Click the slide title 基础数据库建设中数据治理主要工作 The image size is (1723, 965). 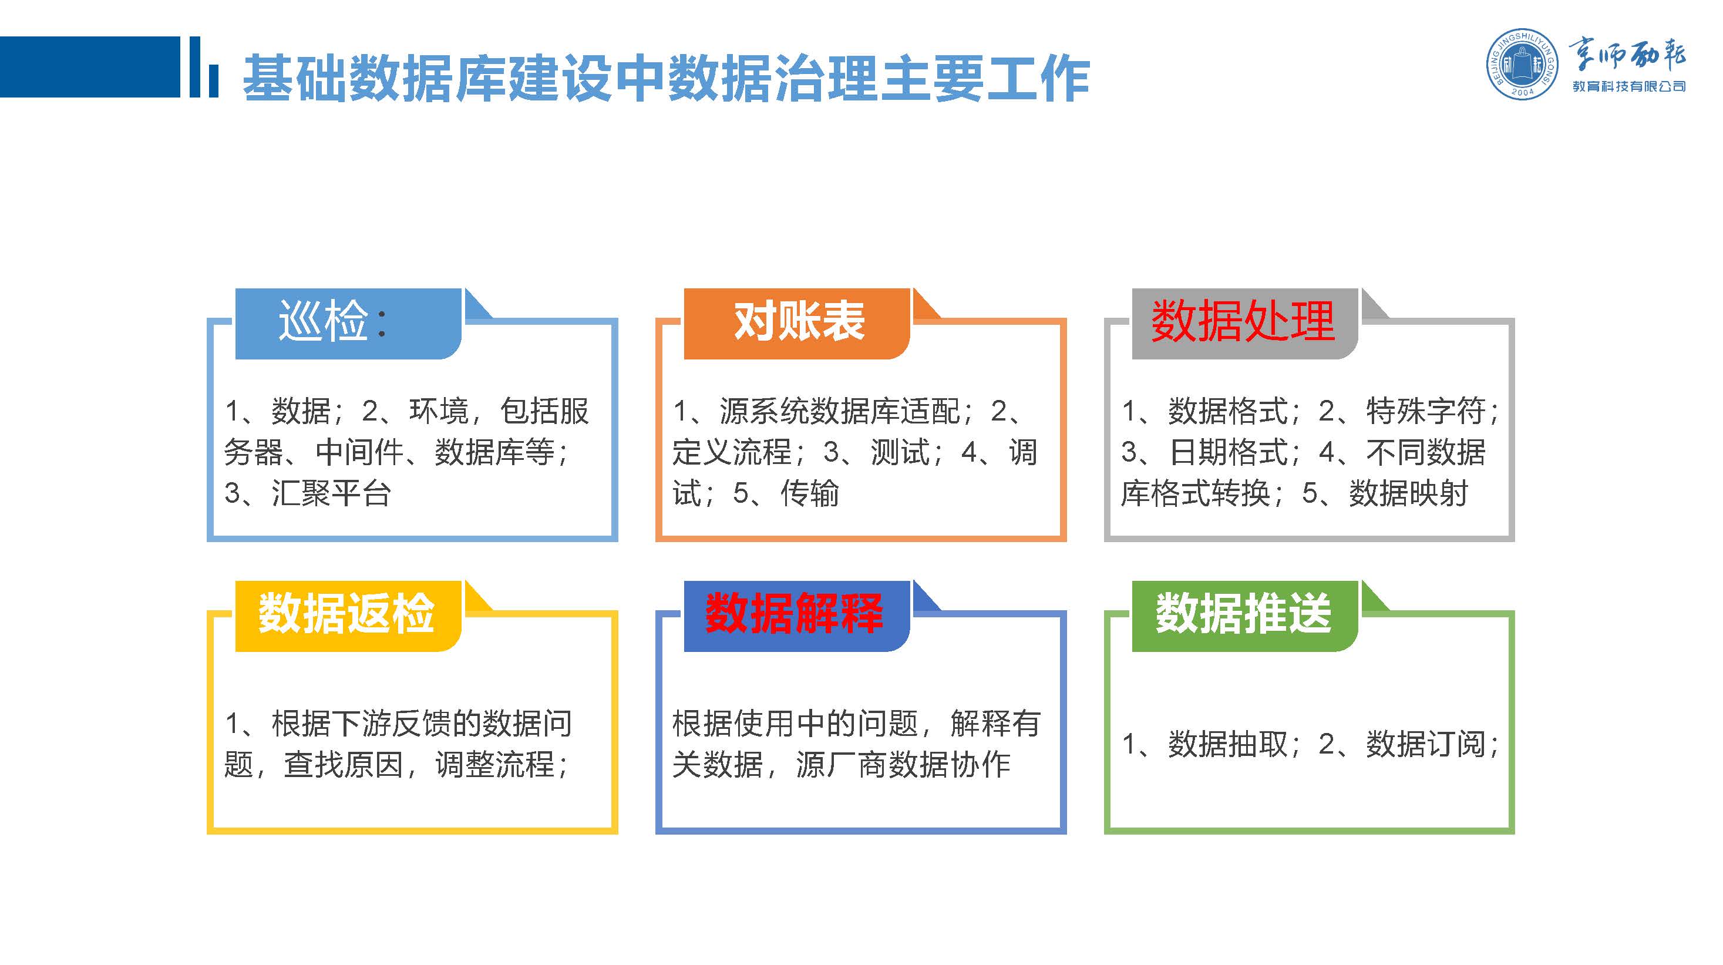click(666, 78)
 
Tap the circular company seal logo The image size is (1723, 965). click(1522, 65)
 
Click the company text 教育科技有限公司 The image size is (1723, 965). click(1628, 86)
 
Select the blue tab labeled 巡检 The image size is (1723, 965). click(348, 324)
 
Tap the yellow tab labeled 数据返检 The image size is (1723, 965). click(348, 616)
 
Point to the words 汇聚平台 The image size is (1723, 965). click(331, 493)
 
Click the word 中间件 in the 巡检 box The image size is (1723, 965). click(360, 452)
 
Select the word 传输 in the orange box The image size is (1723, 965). click(809, 493)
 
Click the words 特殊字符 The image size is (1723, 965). click(1425, 411)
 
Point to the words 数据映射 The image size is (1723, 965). click(1408, 493)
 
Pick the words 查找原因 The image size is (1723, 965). click(343, 764)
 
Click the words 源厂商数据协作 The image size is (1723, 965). click(903, 764)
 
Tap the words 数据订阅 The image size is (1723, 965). click(1425, 744)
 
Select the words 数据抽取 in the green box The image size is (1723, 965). click(1227, 744)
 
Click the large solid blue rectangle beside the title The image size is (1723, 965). click(90, 67)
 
